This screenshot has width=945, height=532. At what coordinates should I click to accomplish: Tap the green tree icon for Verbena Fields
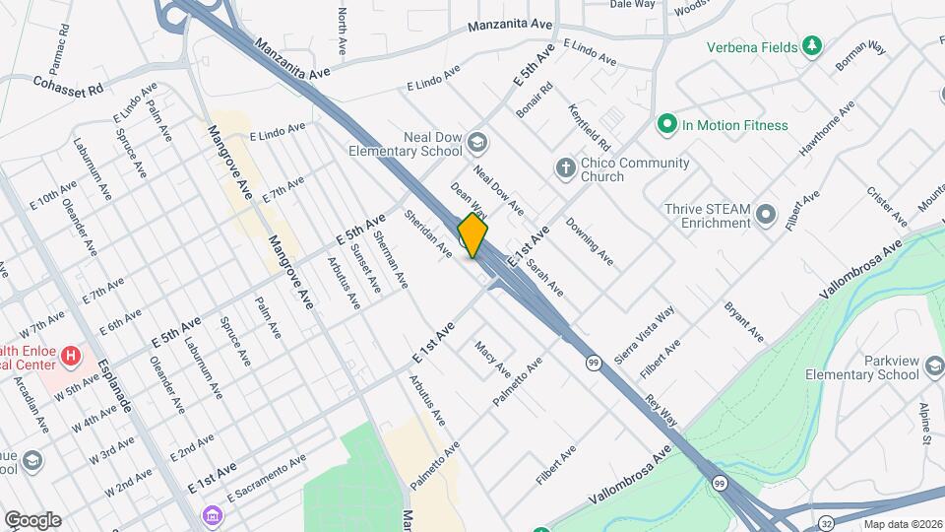pyautogui.click(x=811, y=46)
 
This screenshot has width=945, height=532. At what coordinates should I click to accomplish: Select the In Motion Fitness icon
pyautogui.click(x=667, y=125)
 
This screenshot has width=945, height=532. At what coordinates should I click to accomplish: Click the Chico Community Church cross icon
pyautogui.click(x=565, y=167)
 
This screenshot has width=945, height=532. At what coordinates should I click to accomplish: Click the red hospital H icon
pyautogui.click(x=71, y=355)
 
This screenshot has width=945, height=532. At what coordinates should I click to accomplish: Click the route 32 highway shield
pyautogui.click(x=825, y=520)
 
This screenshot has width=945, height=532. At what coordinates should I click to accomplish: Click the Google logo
pyautogui.click(x=32, y=519)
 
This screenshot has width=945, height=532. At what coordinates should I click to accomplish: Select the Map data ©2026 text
pyautogui.click(x=902, y=524)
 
